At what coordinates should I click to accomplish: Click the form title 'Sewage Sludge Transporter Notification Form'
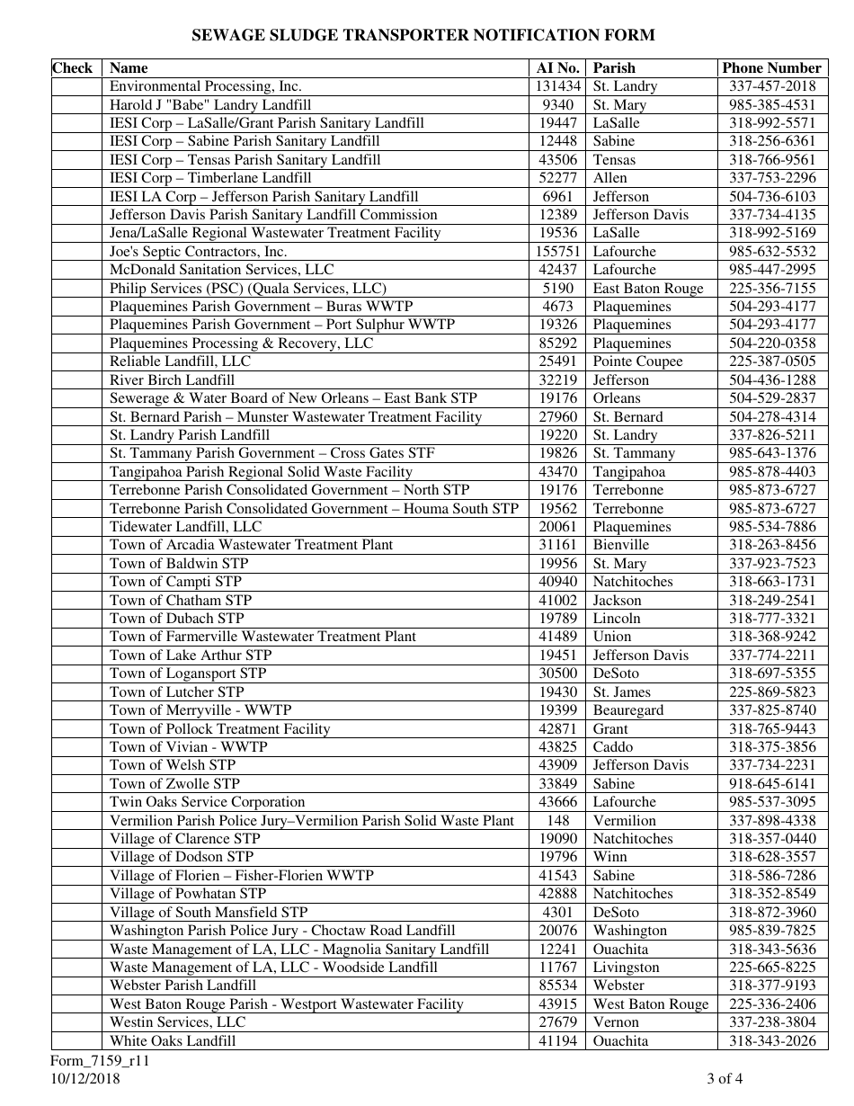click(423, 35)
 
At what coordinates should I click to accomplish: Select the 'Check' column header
click(73, 67)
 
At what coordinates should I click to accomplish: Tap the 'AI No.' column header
click(557, 67)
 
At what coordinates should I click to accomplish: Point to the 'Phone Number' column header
click(771, 67)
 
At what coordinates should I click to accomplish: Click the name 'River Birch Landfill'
click(172, 379)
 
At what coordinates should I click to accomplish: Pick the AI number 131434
click(558, 86)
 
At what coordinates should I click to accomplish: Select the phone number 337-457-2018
click(772, 86)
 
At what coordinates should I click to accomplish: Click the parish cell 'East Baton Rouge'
click(647, 288)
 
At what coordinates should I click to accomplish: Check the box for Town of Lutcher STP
click(76, 691)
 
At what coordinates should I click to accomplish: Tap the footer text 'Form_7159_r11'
click(100, 1060)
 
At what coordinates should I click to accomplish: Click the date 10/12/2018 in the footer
click(85, 1079)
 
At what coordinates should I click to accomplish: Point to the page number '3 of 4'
click(725, 1079)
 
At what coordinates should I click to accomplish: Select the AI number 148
click(557, 820)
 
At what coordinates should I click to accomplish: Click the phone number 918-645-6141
click(772, 783)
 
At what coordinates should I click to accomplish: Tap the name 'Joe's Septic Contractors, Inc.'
click(198, 251)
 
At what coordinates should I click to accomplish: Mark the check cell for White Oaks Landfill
click(76, 1040)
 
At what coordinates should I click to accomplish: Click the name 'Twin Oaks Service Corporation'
click(207, 801)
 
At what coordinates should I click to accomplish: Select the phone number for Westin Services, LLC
click(772, 1021)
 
